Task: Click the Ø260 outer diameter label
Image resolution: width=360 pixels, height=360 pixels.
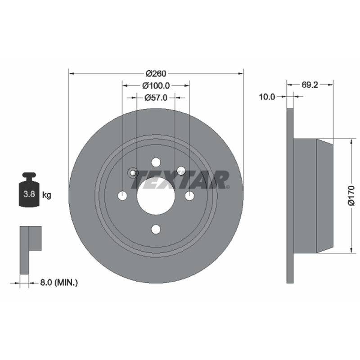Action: (156, 73)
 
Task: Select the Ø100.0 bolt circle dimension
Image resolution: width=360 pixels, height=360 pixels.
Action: (156, 85)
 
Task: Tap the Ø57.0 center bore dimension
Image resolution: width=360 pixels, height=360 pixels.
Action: (156, 98)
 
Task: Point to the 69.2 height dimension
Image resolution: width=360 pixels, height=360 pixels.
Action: (310, 85)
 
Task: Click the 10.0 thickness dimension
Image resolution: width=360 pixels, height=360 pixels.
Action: (267, 97)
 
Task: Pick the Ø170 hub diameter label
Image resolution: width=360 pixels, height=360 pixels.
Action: (351, 196)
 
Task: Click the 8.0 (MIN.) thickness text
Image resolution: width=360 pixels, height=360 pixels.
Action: (59, 283)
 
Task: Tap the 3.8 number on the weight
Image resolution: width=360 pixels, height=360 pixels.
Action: (29, 194)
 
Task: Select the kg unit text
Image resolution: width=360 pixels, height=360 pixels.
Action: (47, 195)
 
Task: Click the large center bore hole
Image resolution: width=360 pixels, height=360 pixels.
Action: (156, 196)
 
